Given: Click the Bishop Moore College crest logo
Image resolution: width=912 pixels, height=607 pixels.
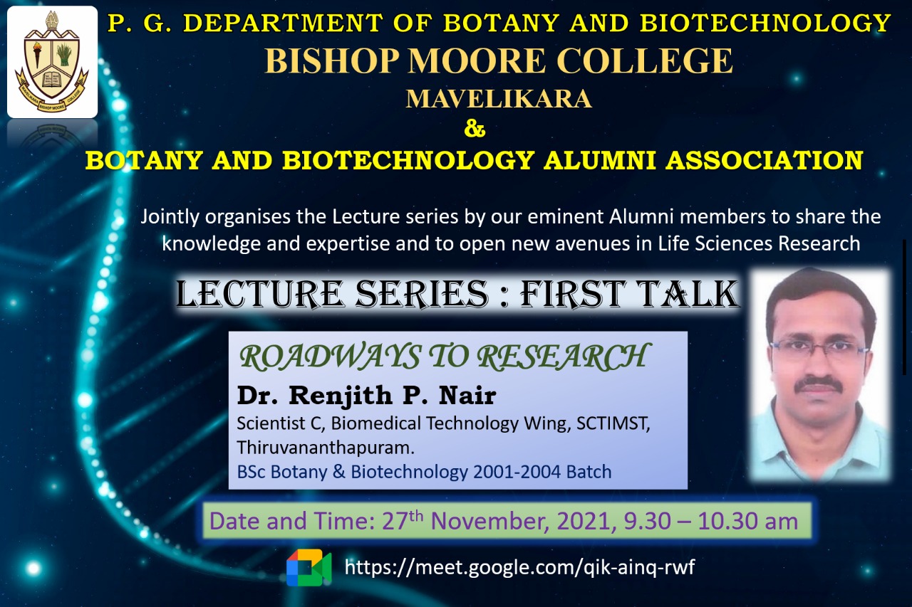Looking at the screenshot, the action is click(52, 62).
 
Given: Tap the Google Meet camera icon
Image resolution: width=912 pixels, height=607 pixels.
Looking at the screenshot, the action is click(309, 568).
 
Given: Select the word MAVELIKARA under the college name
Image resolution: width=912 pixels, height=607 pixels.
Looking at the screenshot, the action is click(498, 99).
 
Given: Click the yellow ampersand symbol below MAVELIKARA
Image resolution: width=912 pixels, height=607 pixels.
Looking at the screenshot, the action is click(475, 130).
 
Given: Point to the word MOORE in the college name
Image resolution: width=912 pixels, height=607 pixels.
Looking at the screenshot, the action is click(477, 60).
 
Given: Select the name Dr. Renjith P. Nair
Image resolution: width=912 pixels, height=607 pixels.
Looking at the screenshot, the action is click(366, 395).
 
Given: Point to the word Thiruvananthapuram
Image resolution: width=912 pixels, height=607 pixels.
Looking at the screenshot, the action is click(326, 448).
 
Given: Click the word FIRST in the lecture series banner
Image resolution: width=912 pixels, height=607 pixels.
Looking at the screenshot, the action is click(571, 294).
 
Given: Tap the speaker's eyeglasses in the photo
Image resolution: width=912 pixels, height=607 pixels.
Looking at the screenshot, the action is click(819, 348).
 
